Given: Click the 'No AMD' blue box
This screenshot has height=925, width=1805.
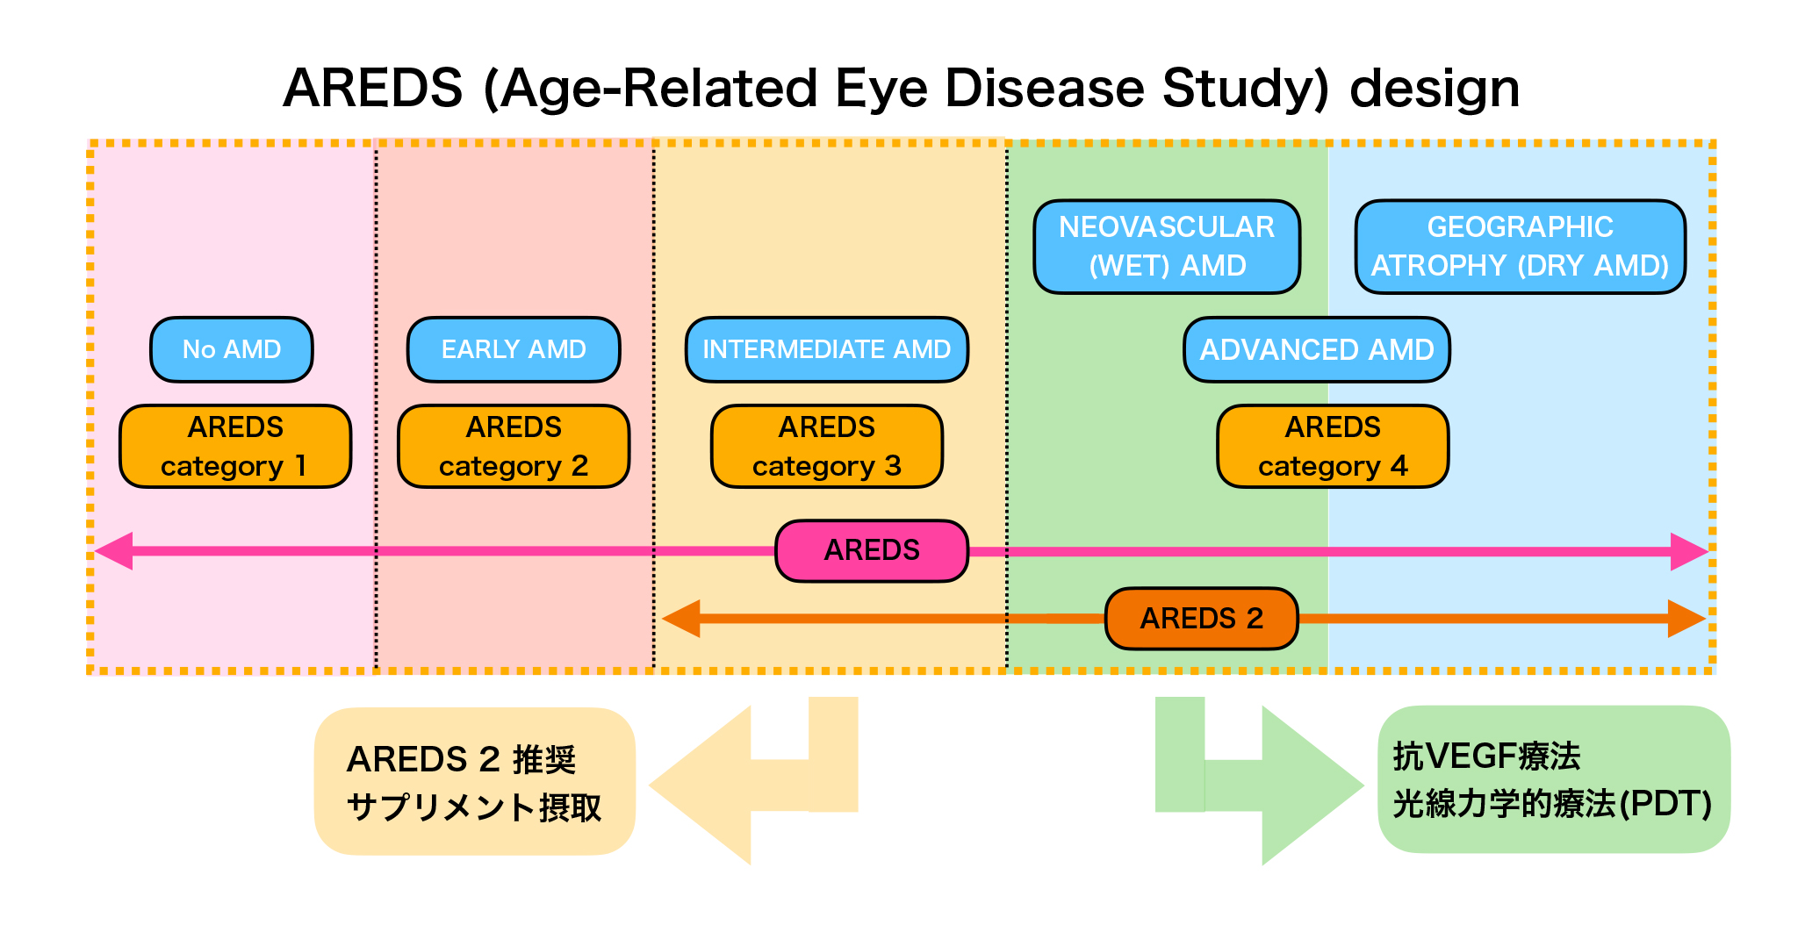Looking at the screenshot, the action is (x=232, y=349).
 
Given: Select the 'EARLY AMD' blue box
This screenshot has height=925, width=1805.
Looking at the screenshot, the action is (x=514, y=349).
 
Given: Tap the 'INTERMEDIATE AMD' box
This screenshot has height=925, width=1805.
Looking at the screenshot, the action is (x=826, y=349).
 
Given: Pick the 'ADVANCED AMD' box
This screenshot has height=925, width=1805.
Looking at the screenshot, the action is (x=1317, y=349).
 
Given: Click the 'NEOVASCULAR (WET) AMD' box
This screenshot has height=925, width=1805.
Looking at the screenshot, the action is (x=1167, y=247).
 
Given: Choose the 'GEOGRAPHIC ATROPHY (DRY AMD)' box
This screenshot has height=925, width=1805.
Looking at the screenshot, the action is (x=1521, y=247).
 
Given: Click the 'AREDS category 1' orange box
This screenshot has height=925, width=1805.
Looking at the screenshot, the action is (x=235, y=446).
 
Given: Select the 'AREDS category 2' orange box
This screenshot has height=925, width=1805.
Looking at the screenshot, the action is (x=514, y=446).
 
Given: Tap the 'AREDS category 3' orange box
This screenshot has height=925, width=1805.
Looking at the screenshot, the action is (x=827, y=446).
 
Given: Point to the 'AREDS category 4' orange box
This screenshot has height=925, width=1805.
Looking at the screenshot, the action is (x=1333, y=446).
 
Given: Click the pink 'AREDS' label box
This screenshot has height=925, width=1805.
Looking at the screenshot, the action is (x=872, y=551).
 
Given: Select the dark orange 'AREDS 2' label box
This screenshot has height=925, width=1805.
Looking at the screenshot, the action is (x=1201, y=619).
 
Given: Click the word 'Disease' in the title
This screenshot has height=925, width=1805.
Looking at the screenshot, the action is (x=1043, y=89).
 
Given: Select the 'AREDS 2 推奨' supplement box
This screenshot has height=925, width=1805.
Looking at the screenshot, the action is (x=475, y=781).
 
